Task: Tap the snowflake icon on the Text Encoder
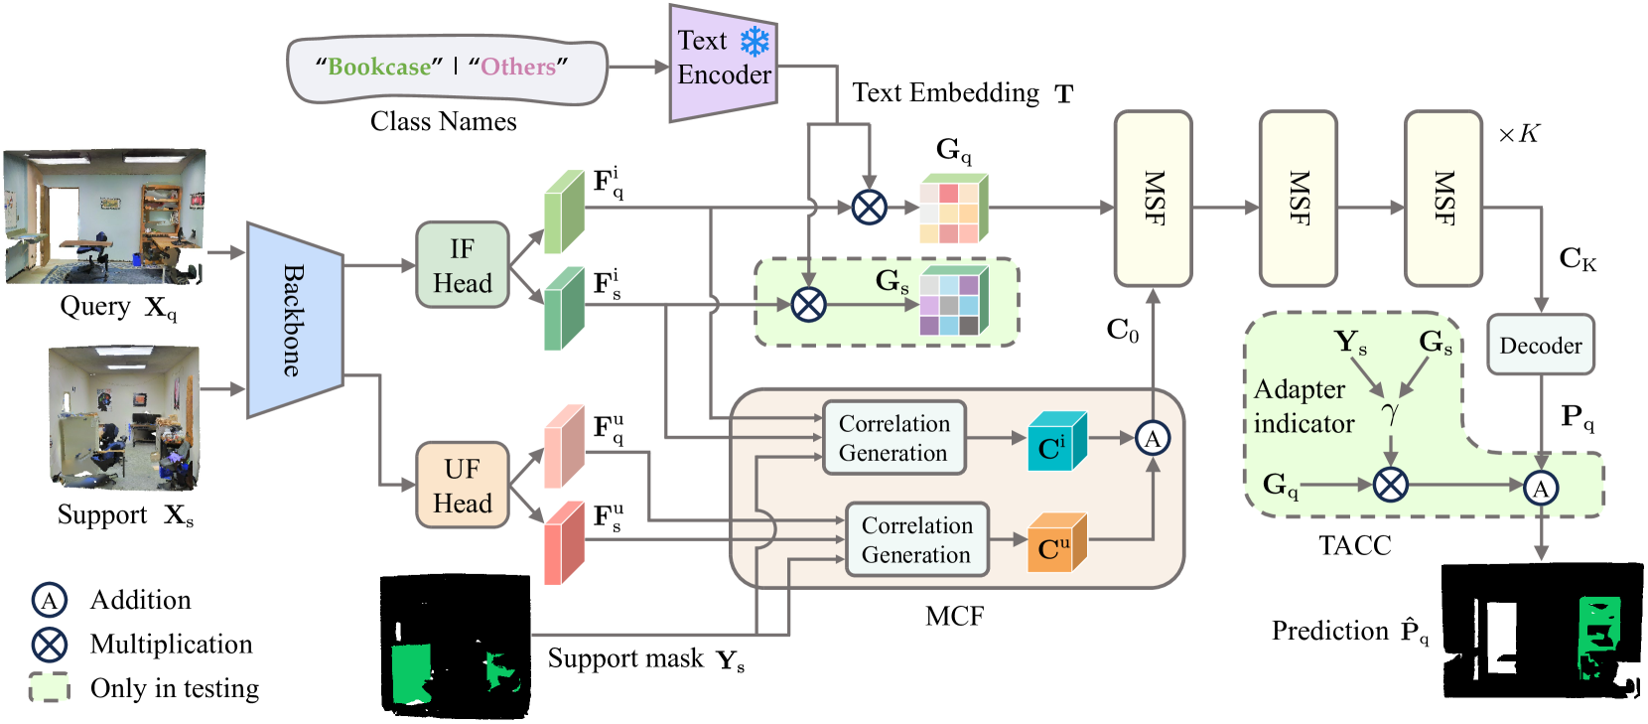tap(755, 41)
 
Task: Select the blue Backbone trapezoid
tap(294, 320)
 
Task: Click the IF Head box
tap(462, 265)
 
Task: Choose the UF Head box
tap(462, 486)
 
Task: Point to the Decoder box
tap(1540, 345)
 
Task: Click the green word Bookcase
tap(379, 67)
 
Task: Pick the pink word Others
tap(518, 67)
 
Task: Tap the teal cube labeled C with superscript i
tap(1055, 442)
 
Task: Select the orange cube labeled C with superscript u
tap(1055, 544)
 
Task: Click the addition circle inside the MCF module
tap(1152, 438)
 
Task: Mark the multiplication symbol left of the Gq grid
tap(870, 208)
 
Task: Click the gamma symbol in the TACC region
tap(1390, 411)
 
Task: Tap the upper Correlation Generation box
tap(893, 438)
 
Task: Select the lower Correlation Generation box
tap(916, 539)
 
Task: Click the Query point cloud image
tap(105, 217)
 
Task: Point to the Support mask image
tap(456, 646)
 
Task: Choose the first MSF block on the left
tap(1153, 199)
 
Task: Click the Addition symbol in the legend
tap(49, 600)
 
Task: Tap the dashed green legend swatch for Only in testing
tap(49, 687)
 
